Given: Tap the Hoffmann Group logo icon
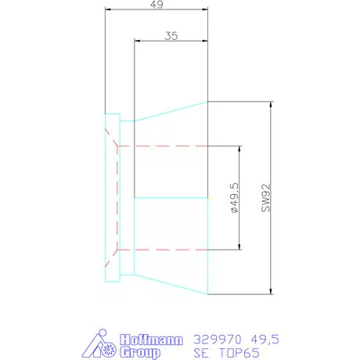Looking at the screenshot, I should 103,345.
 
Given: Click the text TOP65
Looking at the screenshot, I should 234,353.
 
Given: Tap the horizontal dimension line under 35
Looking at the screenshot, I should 171,43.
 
